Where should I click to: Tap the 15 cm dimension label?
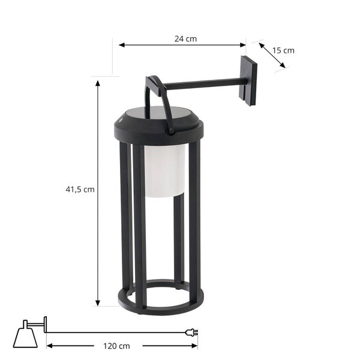283,50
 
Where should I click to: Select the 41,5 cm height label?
80,190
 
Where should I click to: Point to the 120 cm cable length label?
116,346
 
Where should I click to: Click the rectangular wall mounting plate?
248,80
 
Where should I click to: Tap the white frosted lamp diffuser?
164,170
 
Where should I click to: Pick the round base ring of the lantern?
161,299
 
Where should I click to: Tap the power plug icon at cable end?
191,332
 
